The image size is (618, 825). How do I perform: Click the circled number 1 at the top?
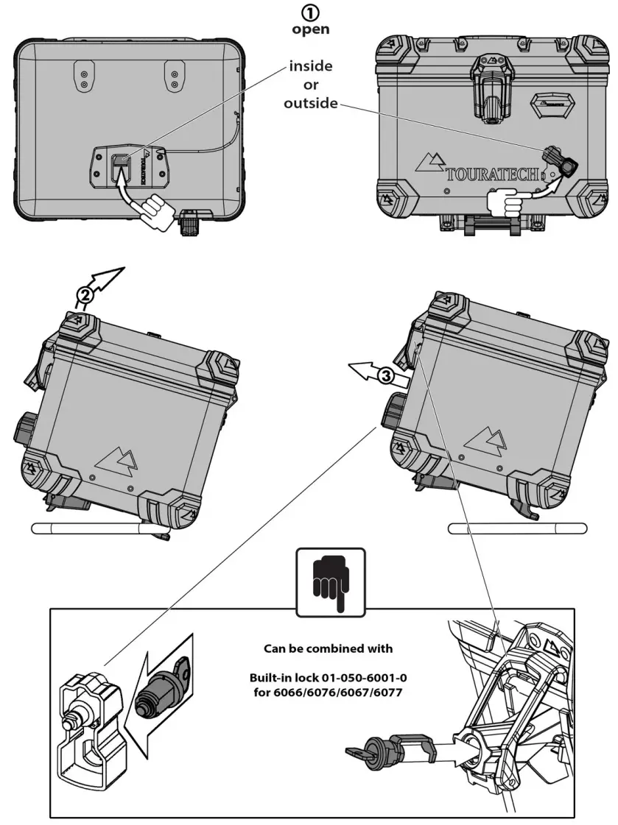[310, 13]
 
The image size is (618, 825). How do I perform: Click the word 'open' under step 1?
[310, 30]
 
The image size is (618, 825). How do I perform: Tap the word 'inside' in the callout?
[310, 66]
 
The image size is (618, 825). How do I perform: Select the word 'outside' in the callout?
[310, 104]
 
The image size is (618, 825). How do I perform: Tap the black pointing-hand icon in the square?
[330, 581]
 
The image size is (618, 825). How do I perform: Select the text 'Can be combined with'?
[328, 649]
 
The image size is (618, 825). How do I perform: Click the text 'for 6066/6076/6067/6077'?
[329, 692]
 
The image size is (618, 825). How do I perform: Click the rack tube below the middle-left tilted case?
[88, 528]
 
